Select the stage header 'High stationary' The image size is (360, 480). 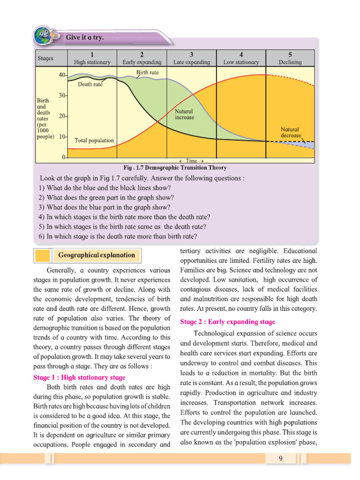point(92,62)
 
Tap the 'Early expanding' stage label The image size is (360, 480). point(142,62)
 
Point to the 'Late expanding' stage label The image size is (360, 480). point(192,62)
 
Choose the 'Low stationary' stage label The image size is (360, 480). point(241,62)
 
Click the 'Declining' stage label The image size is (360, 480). point(290,62)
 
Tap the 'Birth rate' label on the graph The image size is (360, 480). point(148,73)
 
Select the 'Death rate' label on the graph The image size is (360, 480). point(90,85)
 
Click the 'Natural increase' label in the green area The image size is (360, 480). point(184,114)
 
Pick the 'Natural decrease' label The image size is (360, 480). point(290,132)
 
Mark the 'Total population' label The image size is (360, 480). point(94,140)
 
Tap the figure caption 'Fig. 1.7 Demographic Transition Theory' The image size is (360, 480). point(175,168)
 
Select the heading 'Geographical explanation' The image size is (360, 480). point(96,255)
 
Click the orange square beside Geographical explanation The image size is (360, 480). point(43,255)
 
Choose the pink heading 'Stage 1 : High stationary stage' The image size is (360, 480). point(79,377)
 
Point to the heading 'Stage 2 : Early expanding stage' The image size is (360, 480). point(228,322)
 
